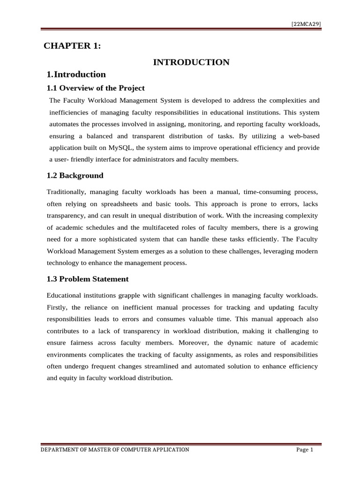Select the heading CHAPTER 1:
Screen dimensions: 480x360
(72, 45)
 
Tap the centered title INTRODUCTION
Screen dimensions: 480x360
(191, 62)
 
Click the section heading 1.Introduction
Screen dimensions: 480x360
(76, 75)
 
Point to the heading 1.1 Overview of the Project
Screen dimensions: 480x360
(96, 88)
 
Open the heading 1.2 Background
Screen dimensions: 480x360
(75, 176)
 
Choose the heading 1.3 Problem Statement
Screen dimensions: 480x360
(88, 279)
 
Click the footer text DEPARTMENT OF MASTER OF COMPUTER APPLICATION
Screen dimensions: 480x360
(115, 450)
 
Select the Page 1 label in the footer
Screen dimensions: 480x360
(305, 450)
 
